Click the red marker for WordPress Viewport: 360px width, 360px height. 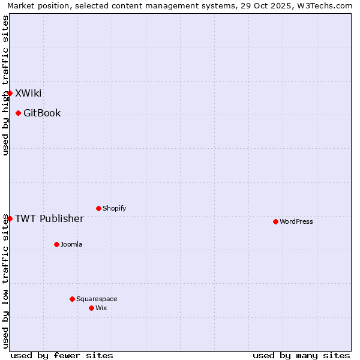click(275, 221)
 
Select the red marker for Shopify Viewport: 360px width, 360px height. click(98, 208)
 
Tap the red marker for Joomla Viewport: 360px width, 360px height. click(56, 244)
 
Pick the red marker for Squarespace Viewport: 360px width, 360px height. click(72, 299)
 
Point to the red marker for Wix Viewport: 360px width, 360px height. click(91, 308)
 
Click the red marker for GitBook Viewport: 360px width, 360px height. click(18, 113)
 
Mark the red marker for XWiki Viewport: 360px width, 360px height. click(10, 93)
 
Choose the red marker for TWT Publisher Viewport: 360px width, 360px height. click(10, 218)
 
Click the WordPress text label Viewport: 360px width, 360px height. click(296, 221)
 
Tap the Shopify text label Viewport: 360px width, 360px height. click(115, 208)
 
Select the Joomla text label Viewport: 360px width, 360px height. click(71, 244)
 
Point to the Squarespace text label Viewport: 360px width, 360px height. click(97, 299)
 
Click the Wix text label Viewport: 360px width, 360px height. click(101, 308)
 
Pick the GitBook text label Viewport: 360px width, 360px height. click(42, 113)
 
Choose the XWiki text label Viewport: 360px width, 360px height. click(28, 93)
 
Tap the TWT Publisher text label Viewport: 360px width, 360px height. click(49, 218)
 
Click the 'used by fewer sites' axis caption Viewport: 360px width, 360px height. click(62, 355)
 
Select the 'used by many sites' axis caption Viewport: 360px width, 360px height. click(301, 355)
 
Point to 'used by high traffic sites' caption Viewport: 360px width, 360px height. click(6, 85)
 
